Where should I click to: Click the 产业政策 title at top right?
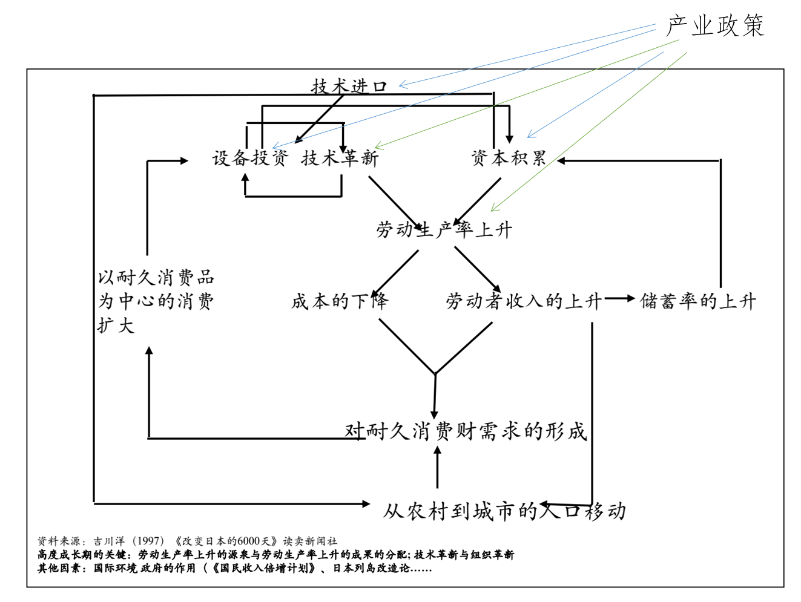coord(715,25)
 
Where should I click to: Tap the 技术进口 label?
coord(349,87)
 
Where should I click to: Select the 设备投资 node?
coord(250,159)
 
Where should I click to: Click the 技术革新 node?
coord(340,159)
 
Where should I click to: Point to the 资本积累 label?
coord(509,159)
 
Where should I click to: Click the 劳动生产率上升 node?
coord(444,230)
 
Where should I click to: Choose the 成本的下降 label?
coord(340,301)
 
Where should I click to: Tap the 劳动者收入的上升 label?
coord(524,301)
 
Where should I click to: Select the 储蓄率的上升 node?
coord(697,301)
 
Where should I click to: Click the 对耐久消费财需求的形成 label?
coord(466,431)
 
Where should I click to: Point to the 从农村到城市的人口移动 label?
coord(504,511)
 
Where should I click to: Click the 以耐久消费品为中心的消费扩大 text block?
coord(156,301)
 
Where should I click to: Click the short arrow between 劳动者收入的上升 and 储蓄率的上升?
coord(619,298)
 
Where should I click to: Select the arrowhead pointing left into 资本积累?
coord(561,160)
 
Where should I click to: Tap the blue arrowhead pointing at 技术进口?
coord(403,85)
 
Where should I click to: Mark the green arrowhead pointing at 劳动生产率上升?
coord(495,208)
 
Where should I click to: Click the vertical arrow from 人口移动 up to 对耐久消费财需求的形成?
coord(437,467)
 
